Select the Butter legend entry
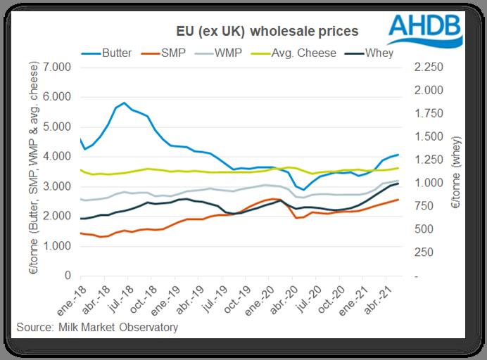pos(115,53)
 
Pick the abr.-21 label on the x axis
pos(381,298)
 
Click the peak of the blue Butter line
pos(125,103)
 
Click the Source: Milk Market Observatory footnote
pos(98,328)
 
